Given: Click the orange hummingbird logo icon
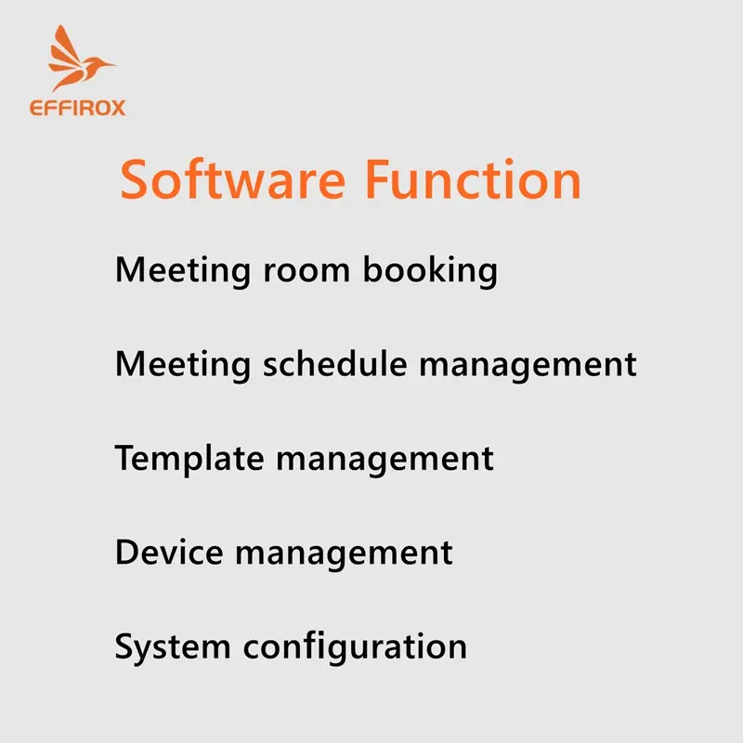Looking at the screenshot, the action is point(78,59).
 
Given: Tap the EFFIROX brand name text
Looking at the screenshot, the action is point(78,108).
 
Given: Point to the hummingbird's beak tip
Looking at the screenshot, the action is point(116,64).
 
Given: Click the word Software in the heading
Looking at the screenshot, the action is point(233,180).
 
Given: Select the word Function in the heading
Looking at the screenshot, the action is point(474,179).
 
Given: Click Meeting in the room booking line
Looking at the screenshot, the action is point(183,271).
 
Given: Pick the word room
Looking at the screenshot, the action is point(306,271).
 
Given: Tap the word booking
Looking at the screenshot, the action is point(430,270).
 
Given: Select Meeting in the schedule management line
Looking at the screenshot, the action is point(183,365).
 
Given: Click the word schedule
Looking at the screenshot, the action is point(335,364).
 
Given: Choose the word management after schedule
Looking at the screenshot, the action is point(528,366).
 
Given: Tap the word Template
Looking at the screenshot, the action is point(189,459).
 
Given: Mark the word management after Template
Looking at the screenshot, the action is point(385,460).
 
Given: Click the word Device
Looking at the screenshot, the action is point(169,552).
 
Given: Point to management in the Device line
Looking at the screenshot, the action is point(344,554).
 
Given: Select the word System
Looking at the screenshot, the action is point(173,647).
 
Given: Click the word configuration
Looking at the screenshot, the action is point(356,647).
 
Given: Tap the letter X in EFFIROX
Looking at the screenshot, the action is point(118,108).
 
